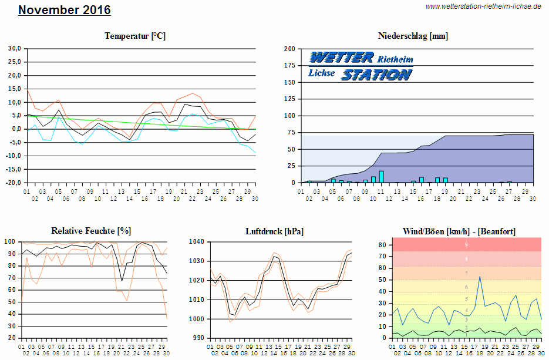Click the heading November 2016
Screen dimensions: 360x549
[64, 10]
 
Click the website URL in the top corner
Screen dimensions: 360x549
[483, 6]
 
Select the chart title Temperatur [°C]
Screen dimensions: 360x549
[135, 36]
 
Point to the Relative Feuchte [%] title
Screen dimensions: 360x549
[91, 231]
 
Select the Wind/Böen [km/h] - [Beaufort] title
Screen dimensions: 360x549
[459, 231]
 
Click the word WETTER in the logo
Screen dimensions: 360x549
[341, 58]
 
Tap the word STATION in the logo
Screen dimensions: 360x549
[376, 75]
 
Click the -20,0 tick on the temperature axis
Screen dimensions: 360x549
[13, 183]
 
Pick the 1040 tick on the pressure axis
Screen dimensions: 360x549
[196, 241]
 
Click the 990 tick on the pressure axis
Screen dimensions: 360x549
[198, 338]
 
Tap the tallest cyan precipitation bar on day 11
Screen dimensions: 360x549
[381, 177]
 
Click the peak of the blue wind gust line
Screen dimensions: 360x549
[480, 277]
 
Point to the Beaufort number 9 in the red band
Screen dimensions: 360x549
[466, 244]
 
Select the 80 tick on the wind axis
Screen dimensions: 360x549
[381, 244]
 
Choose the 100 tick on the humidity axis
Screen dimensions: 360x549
[10, 241]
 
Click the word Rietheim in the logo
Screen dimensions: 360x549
[395, 59]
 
